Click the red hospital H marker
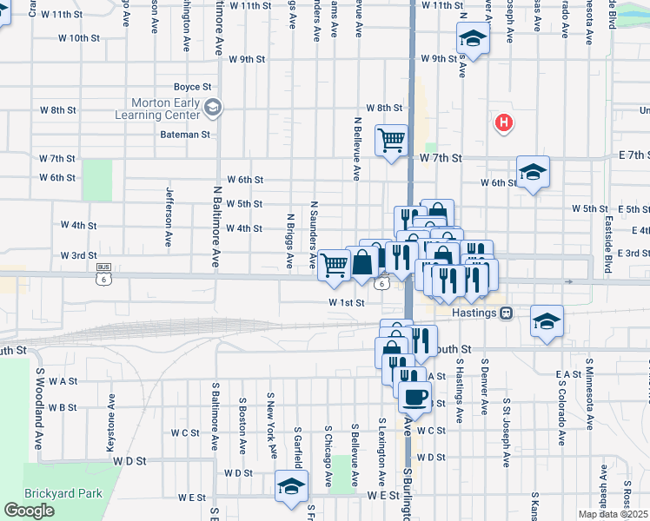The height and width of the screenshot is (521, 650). (502, 123)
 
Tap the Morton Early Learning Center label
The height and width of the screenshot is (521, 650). (165, 109)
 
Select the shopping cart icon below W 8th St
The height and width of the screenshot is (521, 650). (392, 139)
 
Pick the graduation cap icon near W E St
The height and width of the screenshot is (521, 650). (291, 486)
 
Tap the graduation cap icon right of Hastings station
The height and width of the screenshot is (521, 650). (547, 321)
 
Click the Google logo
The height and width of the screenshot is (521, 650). (29, 511)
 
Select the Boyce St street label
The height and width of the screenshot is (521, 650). (192, 87)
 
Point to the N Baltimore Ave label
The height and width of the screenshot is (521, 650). (216, 226)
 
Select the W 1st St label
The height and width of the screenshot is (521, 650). (345, 302)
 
